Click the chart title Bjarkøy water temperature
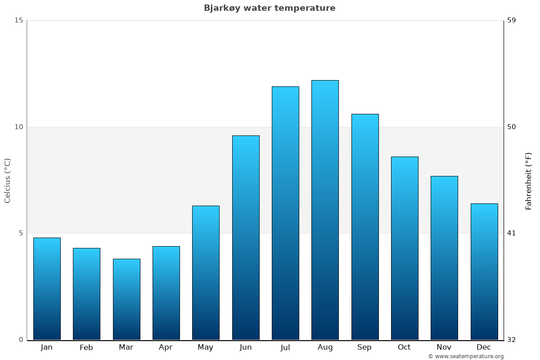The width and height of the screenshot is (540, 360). point(270,8)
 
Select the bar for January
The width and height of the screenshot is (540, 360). point(47,288)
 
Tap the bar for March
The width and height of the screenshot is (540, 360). point(126,299)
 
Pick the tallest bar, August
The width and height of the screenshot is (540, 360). point(325,210)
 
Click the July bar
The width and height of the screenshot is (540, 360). point(285,213)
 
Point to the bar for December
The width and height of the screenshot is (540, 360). point(484,271)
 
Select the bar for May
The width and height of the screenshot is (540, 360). point(206,273)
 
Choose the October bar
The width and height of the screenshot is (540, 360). point(405,248)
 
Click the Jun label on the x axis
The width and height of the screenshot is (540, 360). point(246,347)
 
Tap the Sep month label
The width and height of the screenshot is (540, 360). point(364,347)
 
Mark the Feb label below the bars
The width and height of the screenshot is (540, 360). point(86,347)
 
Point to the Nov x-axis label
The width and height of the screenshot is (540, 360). point(444,347)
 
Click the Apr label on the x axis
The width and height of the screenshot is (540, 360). point(166,347)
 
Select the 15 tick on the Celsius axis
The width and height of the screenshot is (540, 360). point(18,20)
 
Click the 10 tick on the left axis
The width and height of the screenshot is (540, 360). point(18,127)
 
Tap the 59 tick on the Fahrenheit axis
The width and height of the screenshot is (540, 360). point(511,20)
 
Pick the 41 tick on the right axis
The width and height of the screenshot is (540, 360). point(511,233)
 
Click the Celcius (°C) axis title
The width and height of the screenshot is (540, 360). point(8,180)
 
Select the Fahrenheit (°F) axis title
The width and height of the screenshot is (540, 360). point(529,180)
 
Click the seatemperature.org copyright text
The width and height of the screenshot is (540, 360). point(466,356)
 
